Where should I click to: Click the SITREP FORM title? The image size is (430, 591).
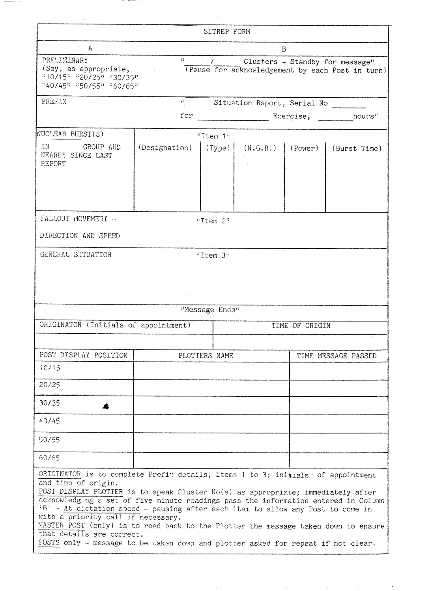click(226, 32)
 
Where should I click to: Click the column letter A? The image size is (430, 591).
click(90, 48)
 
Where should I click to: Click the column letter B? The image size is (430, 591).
click(284, 49)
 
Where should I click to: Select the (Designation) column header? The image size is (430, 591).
click(165, 148)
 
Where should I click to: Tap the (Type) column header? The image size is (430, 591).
click(217, 148)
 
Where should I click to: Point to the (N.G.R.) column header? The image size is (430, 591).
click(260, 149)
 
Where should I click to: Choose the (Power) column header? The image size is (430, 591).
click(304, 149)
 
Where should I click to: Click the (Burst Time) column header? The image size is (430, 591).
click(357, 149)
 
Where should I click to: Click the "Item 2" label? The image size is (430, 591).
click(213, 221)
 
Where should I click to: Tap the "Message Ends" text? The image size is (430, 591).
click(210, 310)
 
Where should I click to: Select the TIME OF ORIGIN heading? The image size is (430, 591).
click(301, 326)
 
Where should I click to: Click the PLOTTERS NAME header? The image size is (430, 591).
click(206, 356)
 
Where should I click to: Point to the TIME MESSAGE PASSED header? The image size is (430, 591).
click(337, 356)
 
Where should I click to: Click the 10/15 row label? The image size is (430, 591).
click(49, 368)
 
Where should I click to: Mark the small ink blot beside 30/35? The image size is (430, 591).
click(105, 406)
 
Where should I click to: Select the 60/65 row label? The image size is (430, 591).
click(49, 458)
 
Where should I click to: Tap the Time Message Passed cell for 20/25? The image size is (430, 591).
click(338, 388)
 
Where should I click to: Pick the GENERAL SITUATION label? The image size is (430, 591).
click(76, 255)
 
